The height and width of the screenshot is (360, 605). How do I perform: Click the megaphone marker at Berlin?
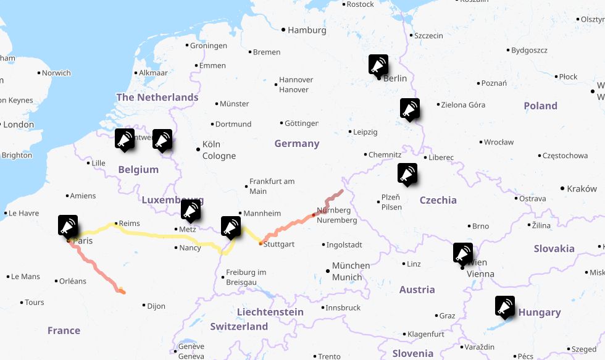379,65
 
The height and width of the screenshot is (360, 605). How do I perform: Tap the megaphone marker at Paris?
69,225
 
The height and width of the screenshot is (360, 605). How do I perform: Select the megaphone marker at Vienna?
463,253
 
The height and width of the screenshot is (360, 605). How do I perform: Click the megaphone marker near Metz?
191,210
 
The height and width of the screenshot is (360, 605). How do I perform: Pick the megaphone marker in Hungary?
505,306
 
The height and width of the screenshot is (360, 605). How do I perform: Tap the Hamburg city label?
307,30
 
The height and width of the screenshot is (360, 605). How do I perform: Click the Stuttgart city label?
278,244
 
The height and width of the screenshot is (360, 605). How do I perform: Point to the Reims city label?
129,224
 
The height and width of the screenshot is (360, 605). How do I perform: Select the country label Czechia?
438,200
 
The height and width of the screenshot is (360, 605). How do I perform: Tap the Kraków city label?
582,188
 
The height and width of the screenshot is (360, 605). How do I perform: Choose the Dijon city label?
156,306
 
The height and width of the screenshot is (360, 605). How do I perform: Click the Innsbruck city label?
343,308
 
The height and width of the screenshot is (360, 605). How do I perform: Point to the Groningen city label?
208,46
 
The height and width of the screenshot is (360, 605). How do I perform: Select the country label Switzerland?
238,326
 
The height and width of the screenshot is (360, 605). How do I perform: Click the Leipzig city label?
365,132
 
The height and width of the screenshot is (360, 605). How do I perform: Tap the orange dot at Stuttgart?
261,243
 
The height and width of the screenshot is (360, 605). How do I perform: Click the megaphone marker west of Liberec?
407,174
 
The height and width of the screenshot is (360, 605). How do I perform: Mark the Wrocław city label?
498,142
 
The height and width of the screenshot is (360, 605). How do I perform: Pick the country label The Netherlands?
157,97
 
